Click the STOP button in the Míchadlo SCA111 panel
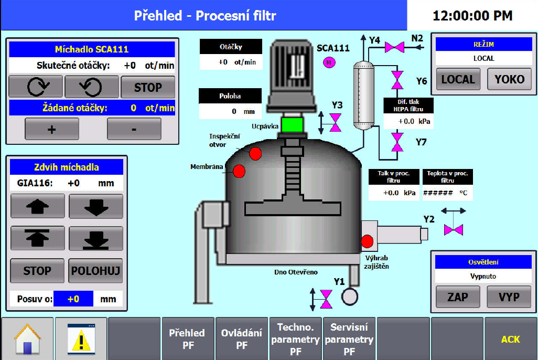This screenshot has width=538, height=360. coord(148,87)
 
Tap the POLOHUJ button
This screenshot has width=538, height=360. coord(96,271)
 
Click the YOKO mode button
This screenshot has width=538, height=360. coord(509,79)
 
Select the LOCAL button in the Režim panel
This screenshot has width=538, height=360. coord(458,79)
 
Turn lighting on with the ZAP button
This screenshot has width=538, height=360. coord(458,297)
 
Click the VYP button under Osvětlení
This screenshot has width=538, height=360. coord(509,297)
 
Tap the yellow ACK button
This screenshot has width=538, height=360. coord(510,339)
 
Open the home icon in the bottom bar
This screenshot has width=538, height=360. coord(27,338)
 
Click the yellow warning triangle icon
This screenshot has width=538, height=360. coord(81,338)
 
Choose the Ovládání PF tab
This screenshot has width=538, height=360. coord(242,338)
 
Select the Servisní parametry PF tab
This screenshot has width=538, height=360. coord(349,338)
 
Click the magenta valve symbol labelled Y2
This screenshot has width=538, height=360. coord(454,229)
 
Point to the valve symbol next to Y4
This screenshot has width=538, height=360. coord(394,47)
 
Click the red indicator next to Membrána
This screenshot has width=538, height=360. coord(239,171)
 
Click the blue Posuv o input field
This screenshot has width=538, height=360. coord(73,299)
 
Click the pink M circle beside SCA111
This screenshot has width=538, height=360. coord(329,62)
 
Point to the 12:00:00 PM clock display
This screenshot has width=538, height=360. coord(472,16)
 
